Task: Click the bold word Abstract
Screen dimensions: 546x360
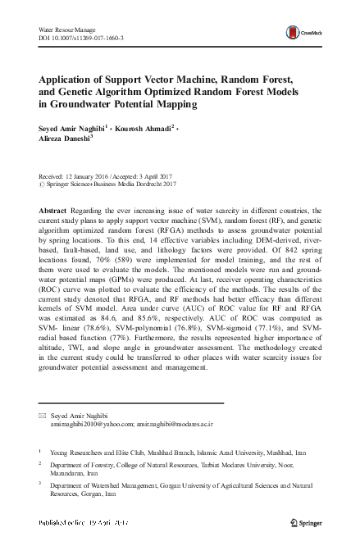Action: point(52,211)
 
